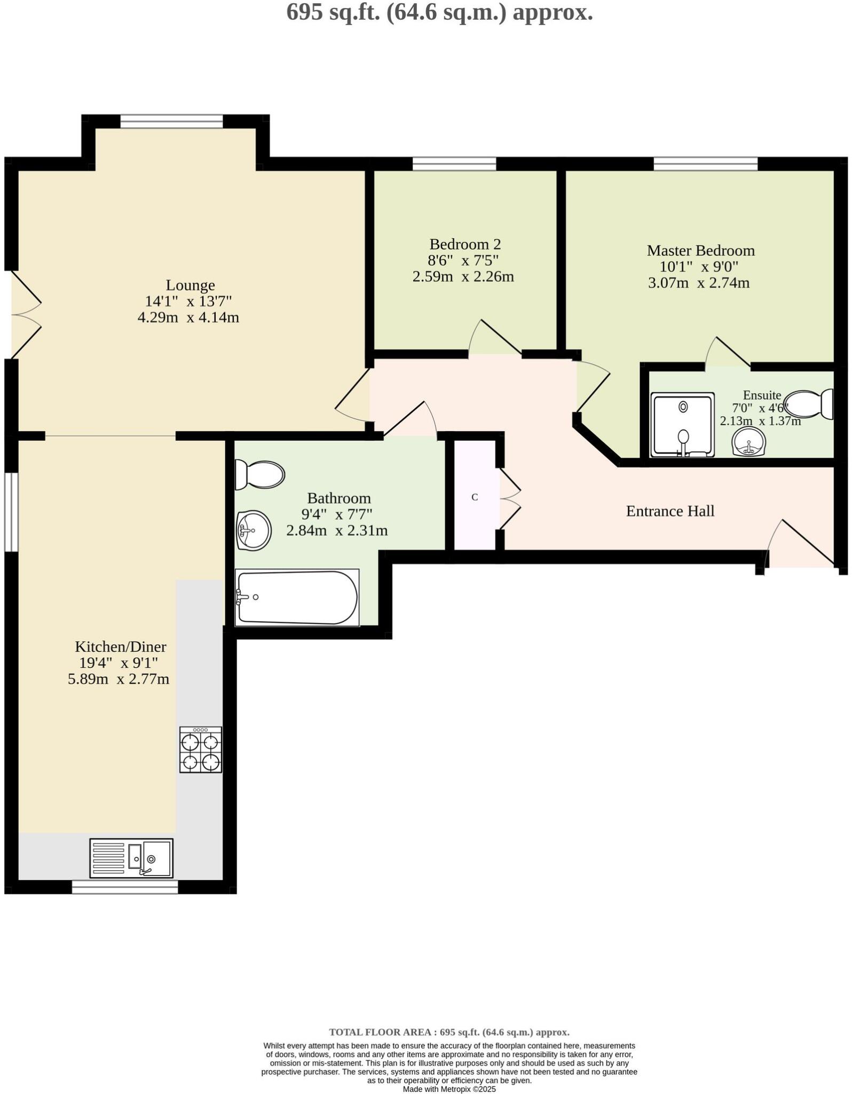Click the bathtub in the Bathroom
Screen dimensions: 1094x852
point(297,597)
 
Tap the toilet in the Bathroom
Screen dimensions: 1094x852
point(260,474)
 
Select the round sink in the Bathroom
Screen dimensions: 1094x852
point(254,530)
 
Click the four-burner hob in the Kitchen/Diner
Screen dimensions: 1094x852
point(200,749)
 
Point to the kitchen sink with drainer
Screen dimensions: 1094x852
point(131,858)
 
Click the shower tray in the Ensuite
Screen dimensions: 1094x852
point(682,425)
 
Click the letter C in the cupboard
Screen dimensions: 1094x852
point(475,497)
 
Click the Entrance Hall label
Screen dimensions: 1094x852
point(670,511)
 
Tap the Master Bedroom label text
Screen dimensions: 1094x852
point(700,251)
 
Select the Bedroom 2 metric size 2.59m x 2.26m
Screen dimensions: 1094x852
point(463,277)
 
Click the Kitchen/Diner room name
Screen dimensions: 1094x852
point(121,647)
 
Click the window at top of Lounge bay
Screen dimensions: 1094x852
point(171,121)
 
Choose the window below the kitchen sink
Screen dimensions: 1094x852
point(125,887)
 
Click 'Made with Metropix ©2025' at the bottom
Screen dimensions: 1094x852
point(449,1089)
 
